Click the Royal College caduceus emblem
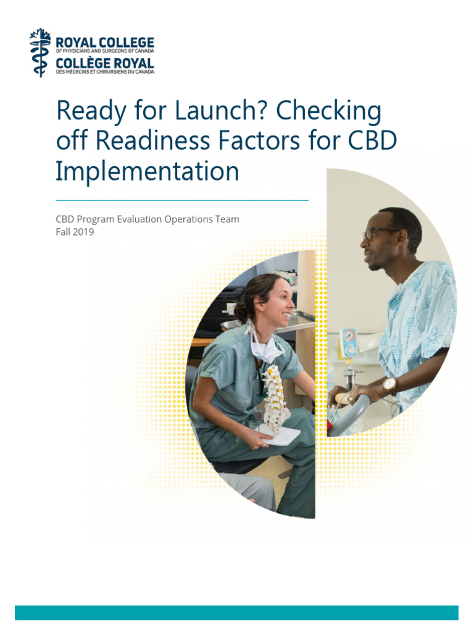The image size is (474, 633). pyautogui.click(x=40, y=53)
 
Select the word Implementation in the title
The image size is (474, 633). pyautogui.click(x=147, y=171)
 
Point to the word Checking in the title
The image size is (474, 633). pyautogui.click(x=328, y=111)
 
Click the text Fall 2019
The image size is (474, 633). pyautogui.click(x=75, y=232)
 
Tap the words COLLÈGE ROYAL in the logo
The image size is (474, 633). pyautogui.click(x=105, y=64)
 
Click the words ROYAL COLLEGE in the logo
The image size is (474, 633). pyautogui.click(x=105, y=43)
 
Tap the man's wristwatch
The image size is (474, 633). pyautogui.click(x=389, y=384)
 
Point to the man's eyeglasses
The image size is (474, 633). pyautogui.click(x=378, y=232)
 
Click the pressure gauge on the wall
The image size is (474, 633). pyautogui.click(x=349, y=342)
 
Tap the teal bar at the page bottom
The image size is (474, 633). pyautogui.click(x=236, y=612)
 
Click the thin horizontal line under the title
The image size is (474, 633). pyautogui.click(x=181, y=200)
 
